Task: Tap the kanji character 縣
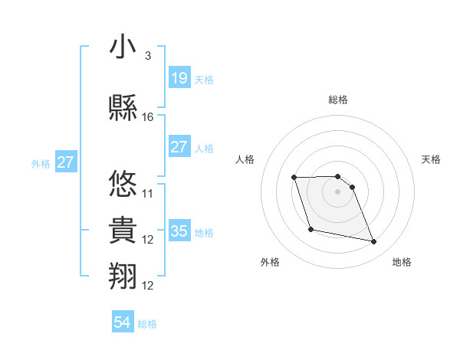(x=123, y=108)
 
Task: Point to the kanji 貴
(x=123, y=231)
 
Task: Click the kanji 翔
(x=123, y=277)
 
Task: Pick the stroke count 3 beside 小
(x=147, y=56)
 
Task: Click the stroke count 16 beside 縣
(x=148, y=117)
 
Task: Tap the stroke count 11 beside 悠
(x=148, y=193)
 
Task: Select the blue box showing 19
(x=179, y=78)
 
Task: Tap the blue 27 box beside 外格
(x=66, y=162)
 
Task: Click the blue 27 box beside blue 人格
(x=179, y=147)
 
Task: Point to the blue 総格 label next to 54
(x=148, y=324)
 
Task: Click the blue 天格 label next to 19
(x=204, y=79)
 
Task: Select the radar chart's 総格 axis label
(x=337, y=100)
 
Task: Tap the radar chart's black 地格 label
(x=402, y=262)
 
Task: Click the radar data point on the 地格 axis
(x=373, y=242)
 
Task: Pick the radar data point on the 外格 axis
(x=310, y=229)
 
